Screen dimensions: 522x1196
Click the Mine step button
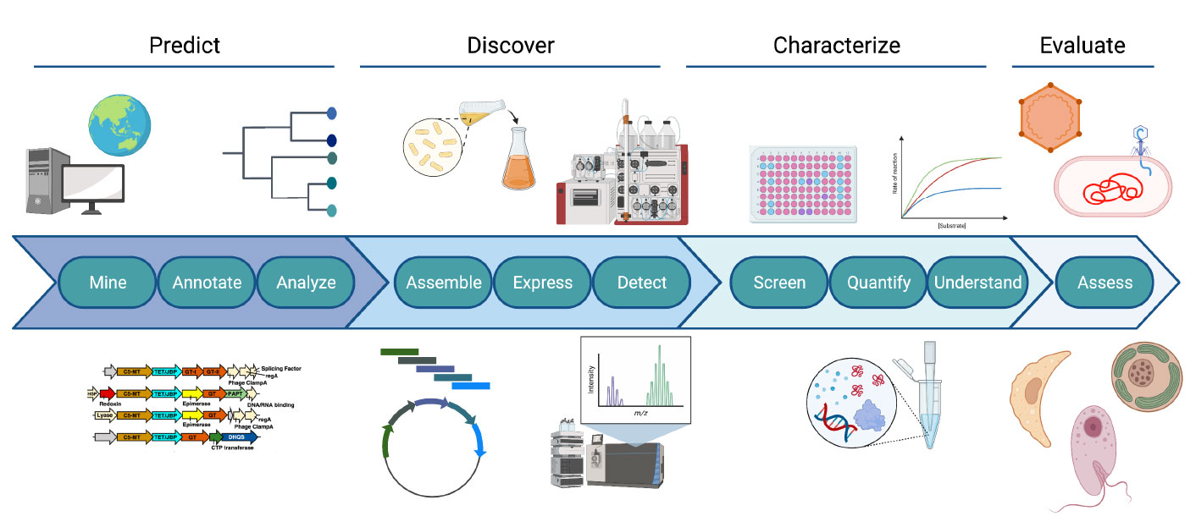pyautogui.click(x=108, y=283)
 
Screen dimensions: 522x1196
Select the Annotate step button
pyautogui.click(x=207, y=283)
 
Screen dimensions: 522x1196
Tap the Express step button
pyautogui.click(x=543, y=283)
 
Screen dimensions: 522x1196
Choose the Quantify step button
pyautogui.click(x=878, y=283)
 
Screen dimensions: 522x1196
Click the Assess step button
pyautogui.click(x=1104, y=283)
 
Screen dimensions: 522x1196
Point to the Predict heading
pyautogui.click(x=185, y=45)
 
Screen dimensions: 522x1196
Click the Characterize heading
pyautogui.click(x=836, y=45)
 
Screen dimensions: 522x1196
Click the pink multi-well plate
pyautogui.click(x=805, y=184)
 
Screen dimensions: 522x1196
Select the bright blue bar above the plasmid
pyautogui.click(x=471, y=386)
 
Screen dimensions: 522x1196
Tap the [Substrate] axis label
pyautogui.click(x=952, y=227)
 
